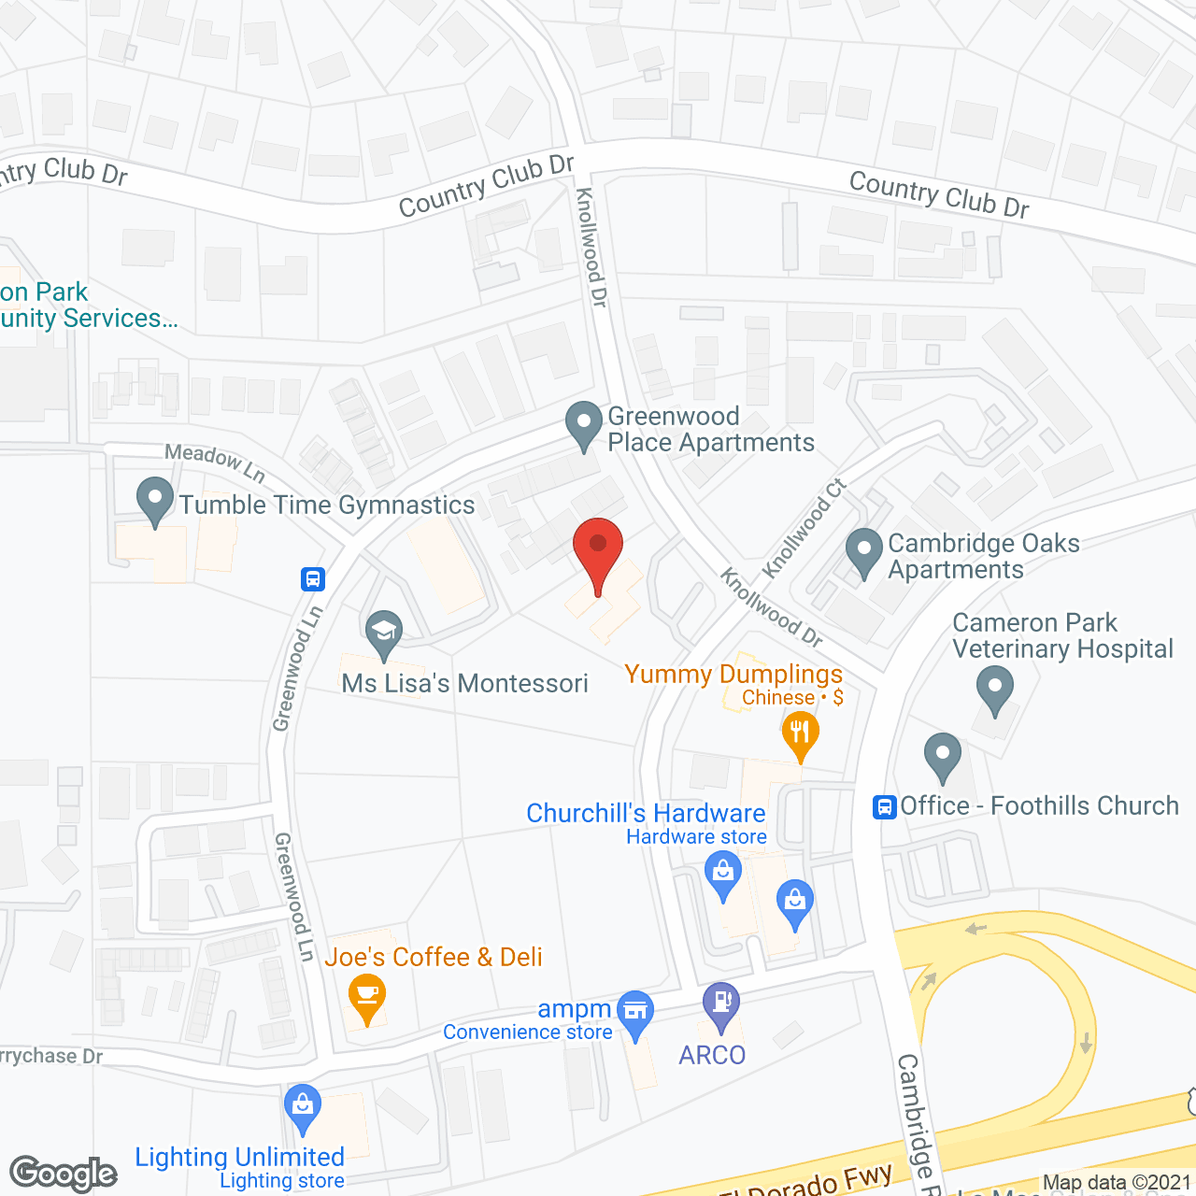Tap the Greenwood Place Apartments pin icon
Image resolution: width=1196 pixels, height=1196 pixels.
(584, 424)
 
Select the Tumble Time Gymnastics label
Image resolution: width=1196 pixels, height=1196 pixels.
(327, 505)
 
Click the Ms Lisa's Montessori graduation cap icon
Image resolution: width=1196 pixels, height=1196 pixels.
(383, 634)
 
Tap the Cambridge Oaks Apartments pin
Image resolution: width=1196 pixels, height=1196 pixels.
(863, 551)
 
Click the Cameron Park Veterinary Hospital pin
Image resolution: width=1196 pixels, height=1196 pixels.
(994, 691)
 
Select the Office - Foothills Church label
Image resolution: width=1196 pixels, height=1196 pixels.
(1039, 805)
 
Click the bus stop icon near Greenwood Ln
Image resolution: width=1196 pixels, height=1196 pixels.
(313, 579)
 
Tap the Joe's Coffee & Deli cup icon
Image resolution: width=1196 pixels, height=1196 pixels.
(366, 996)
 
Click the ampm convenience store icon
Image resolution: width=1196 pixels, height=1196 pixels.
(635, 1013)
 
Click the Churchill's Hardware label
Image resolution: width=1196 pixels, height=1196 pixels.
(646, 814)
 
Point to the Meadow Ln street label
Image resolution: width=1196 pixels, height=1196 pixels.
(215, 463)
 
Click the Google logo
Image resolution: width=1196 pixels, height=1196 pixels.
(64, 1174)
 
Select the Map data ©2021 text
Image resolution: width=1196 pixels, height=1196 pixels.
(1118, 1183)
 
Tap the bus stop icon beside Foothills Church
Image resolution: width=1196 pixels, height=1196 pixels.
(884, 806)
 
